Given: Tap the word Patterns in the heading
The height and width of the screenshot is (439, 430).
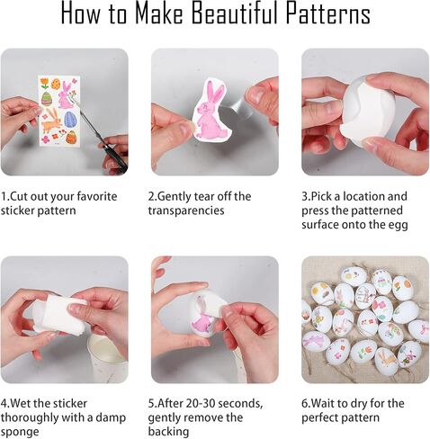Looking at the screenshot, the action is tap(327, 13).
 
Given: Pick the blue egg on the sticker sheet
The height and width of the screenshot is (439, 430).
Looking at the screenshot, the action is tap(70, 120).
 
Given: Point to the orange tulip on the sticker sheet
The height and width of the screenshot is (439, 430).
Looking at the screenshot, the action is tap(44, 83).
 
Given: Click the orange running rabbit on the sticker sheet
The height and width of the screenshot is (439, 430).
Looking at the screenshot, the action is tap(51, 121).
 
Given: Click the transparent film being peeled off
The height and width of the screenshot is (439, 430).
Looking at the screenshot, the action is tap(237, 105).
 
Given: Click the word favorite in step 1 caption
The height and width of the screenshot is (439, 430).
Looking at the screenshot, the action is tap(97, 196).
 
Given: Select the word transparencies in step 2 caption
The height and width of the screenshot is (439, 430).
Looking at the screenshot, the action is tap(186, 211).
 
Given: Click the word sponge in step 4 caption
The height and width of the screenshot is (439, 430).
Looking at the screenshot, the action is tap(20, 432).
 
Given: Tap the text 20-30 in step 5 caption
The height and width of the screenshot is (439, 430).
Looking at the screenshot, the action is tap(201, 403).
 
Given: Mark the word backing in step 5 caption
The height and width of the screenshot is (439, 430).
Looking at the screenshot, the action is tap(168, 432).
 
